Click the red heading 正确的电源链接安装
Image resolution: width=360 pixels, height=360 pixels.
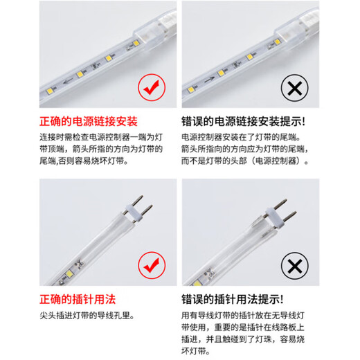89,121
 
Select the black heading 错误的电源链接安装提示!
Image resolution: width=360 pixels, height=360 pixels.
243,121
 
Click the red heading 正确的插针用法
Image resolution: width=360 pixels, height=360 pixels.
78,299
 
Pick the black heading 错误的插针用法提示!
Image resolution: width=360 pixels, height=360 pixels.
232,299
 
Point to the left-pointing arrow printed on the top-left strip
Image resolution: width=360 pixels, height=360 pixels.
69,81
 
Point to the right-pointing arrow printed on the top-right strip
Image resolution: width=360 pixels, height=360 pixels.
210,79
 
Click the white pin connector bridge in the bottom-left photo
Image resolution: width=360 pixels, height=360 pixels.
134,214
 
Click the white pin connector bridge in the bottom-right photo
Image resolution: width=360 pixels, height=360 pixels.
275,217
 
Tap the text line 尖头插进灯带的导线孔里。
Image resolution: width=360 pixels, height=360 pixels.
87,316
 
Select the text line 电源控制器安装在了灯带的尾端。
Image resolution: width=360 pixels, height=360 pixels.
242,137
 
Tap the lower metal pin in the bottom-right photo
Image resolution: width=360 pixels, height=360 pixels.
289,216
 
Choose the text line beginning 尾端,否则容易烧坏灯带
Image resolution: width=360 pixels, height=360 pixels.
84,161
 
